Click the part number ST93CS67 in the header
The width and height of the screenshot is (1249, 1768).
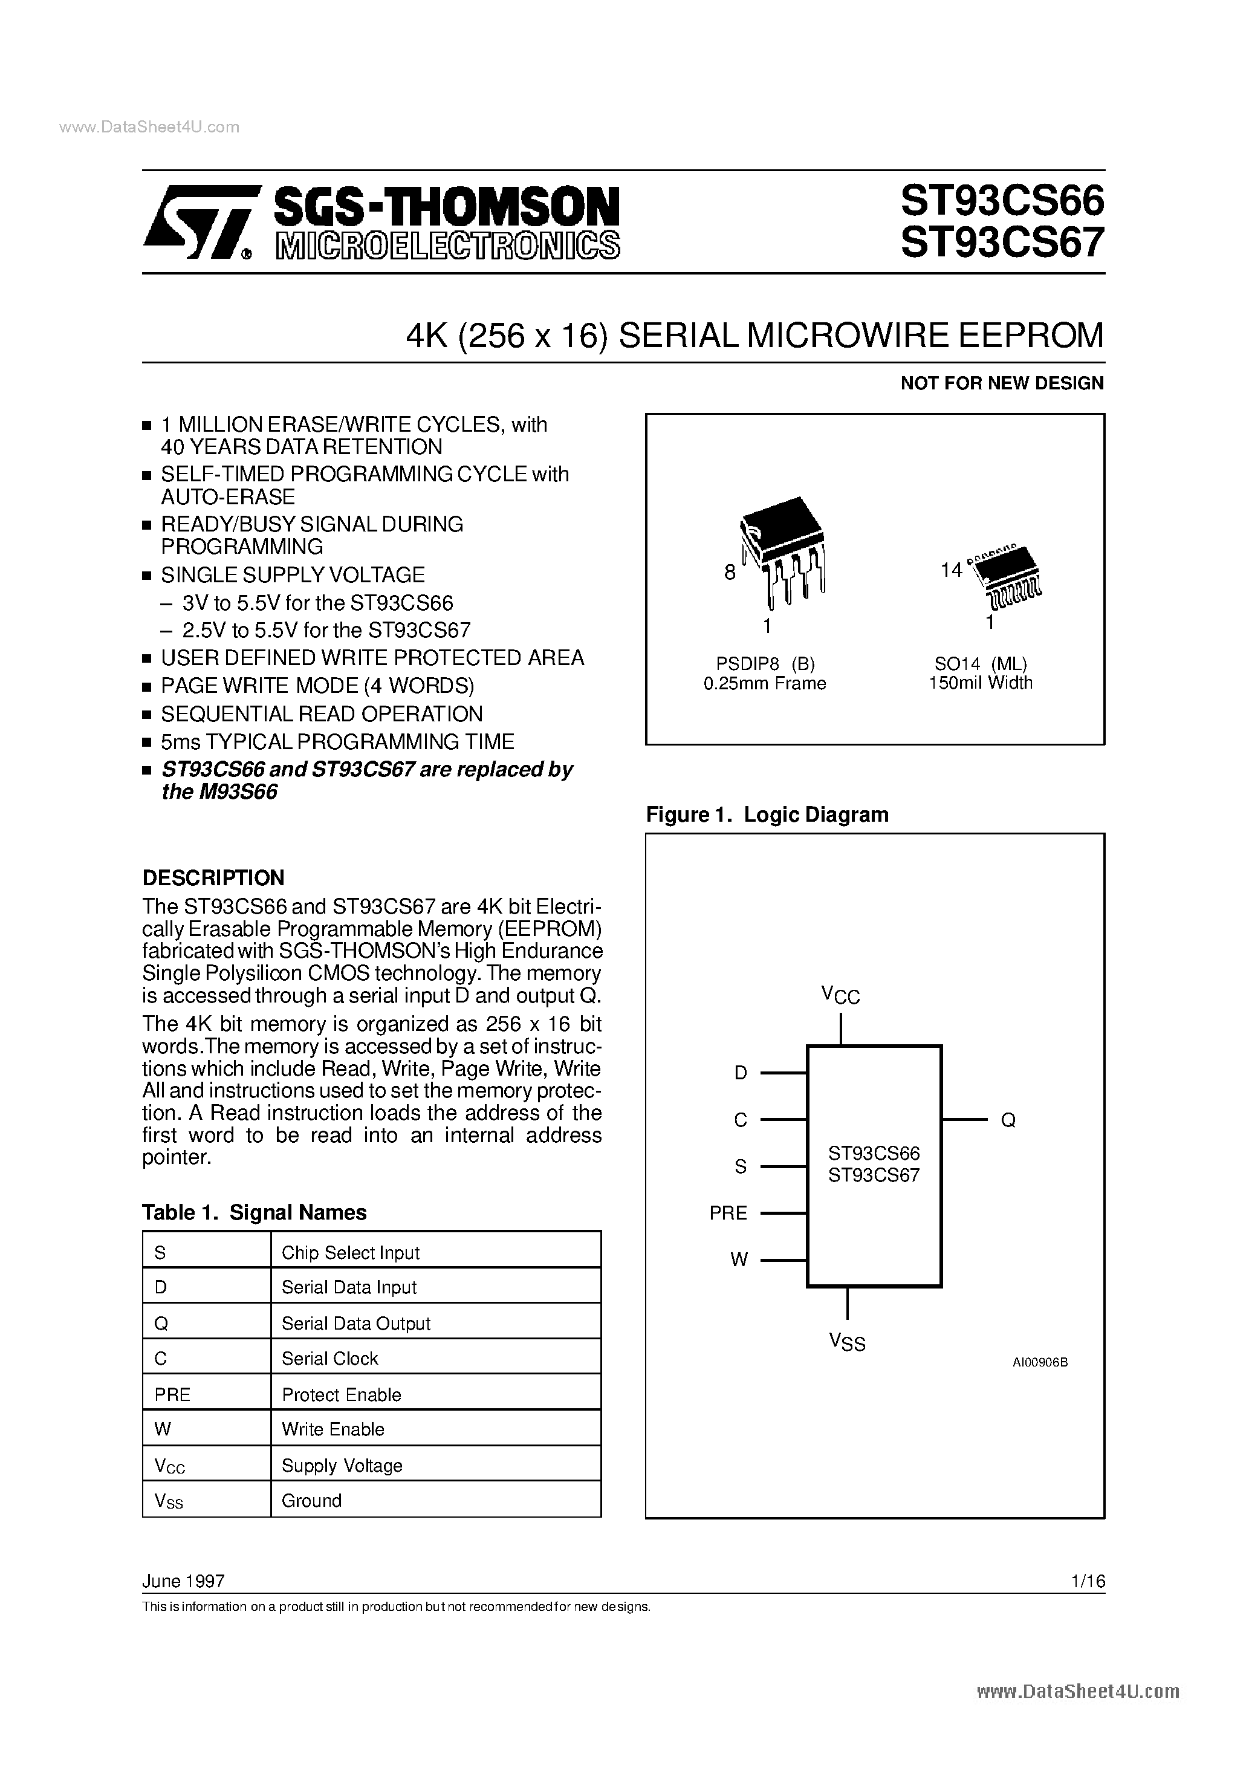tap(1002, 243)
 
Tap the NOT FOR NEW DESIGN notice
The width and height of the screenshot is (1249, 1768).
tap(1002, 383)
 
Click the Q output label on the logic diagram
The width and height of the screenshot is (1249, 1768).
tap(1008, 1120)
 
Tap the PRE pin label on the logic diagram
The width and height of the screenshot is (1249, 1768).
tap(728, 1214)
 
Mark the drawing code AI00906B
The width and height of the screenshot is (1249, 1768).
tap(1040, 1362)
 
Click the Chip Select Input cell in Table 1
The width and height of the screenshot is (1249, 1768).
tap(351, 1252)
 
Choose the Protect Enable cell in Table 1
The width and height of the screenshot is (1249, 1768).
tap(341, 1394)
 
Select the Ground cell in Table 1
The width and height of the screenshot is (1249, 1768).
tap(311, 1500)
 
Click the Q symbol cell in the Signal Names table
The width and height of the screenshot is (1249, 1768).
tap(161, 1323)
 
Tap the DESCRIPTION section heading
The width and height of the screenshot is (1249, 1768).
tap(213, 878)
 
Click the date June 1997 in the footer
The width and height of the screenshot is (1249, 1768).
tap(183, 1581)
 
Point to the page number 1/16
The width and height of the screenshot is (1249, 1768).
tap(1088, 1581)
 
